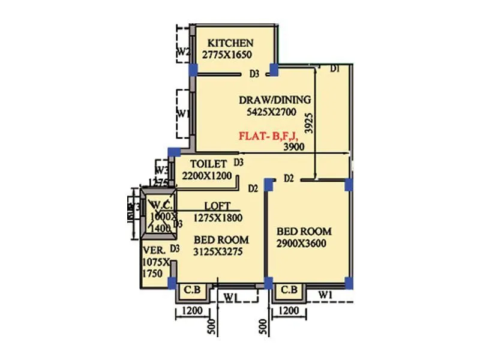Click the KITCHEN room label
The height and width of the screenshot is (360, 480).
pos(230,43)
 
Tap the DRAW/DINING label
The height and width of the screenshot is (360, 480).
pos(275,100)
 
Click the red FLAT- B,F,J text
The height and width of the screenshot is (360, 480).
pos(267,136)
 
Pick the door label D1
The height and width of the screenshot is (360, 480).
pos(335,69)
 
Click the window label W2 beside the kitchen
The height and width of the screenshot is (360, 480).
pos(183,52)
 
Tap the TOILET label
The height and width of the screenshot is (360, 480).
pos(208,163)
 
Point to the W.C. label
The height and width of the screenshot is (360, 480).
pos(161,205)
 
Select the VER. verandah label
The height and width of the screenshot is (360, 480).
pos(152,248)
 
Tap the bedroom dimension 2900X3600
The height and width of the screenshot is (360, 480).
pos(304,243)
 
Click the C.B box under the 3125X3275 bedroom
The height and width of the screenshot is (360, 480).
pos(192,290)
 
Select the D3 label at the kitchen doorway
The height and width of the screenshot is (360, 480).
pos(254,74)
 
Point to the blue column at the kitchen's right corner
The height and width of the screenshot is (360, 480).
pos(274,70)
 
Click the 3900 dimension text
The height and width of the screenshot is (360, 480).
pos(293,146)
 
